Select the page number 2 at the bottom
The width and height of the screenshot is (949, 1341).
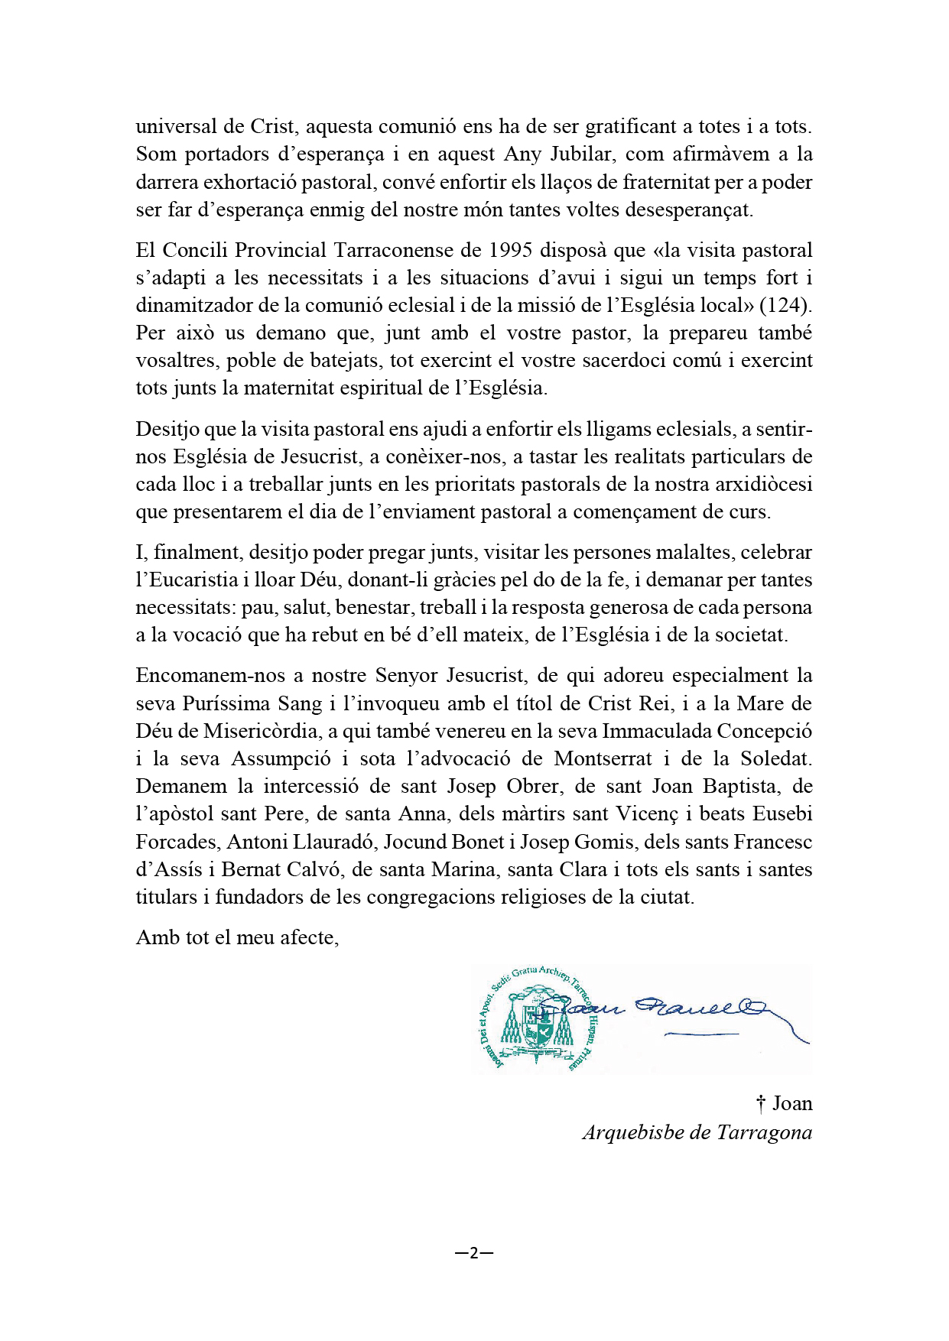tap(473, 1252)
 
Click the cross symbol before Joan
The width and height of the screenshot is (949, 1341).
tap(761, 1103)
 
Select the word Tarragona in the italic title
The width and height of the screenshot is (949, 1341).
tap(764, 1132)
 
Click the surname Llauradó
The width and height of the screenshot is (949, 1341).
tap(333, 842)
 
